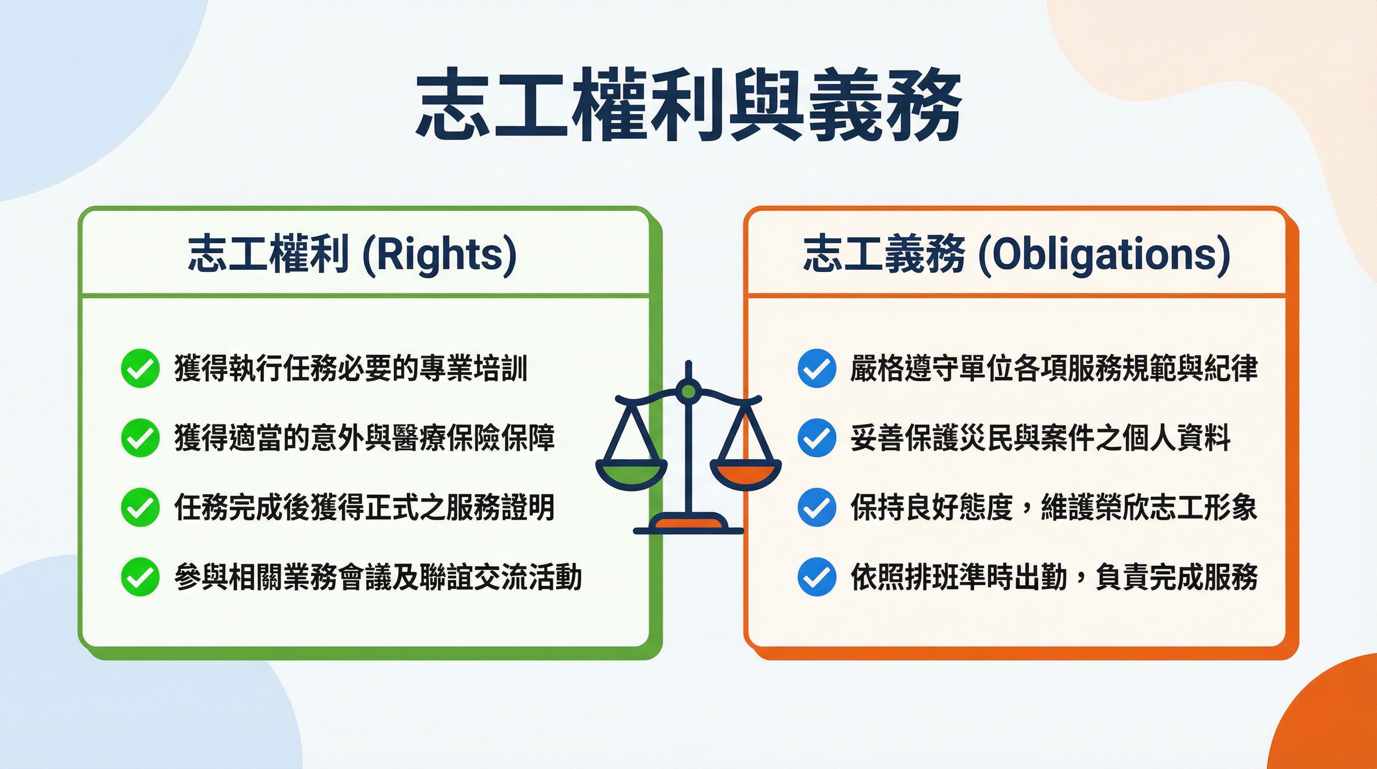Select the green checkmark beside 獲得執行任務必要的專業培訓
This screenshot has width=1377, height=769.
pyautogui.click(x=140, y=368)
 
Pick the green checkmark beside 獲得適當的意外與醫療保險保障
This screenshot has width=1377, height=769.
pyautogui.click(x=140, y=438)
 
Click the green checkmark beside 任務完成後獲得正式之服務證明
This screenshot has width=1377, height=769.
pyautogui.click(x=140, y=507)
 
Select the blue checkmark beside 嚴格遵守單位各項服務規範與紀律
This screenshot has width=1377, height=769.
pyautogui.click(x=816, y=368)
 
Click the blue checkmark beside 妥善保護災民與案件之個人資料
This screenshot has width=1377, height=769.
pyautogui.click(x=816, y=438)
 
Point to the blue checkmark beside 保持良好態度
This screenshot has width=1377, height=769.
pyautogui.click(x=816, y=507)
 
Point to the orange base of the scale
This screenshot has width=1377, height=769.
pyautogui.click(x=688, y=522)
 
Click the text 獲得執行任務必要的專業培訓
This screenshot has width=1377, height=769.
pyautogui.click(x=351, y=368)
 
